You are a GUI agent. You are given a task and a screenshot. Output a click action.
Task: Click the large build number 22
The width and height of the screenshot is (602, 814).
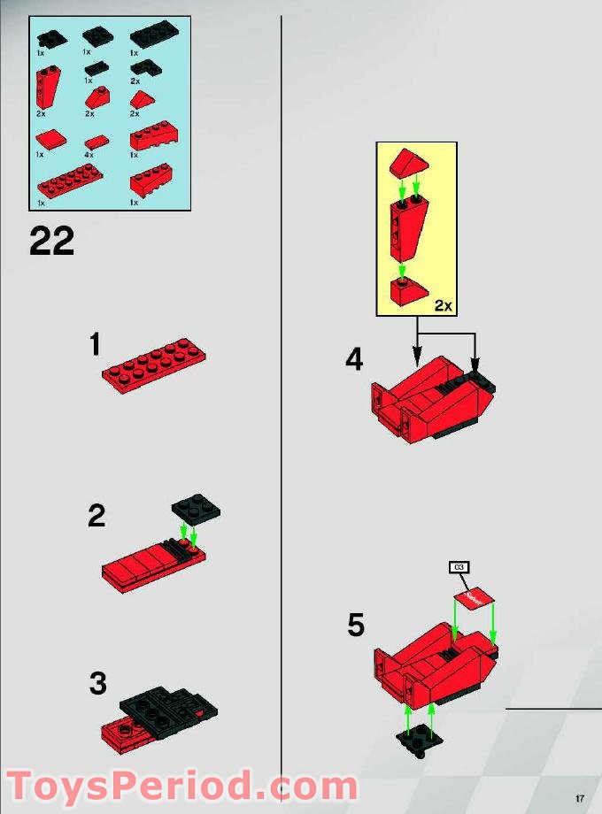tap(51, 241)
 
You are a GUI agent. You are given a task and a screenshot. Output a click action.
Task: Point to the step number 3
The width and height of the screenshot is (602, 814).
tap(97, 683)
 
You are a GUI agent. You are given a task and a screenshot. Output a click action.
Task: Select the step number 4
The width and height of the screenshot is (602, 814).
tap(354, 360)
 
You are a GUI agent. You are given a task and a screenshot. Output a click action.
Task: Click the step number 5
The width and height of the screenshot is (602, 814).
tap(355, 626)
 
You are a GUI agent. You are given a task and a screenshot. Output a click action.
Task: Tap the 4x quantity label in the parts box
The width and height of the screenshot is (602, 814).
tap(89, 155)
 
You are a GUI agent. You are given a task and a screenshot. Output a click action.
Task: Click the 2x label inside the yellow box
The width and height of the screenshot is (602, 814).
tap(443, 306)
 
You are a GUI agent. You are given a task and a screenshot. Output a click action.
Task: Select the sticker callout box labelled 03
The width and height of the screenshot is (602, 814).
tap(458, 566)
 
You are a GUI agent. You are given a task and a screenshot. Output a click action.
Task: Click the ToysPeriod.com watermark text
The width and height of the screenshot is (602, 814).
tap(181, 785)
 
